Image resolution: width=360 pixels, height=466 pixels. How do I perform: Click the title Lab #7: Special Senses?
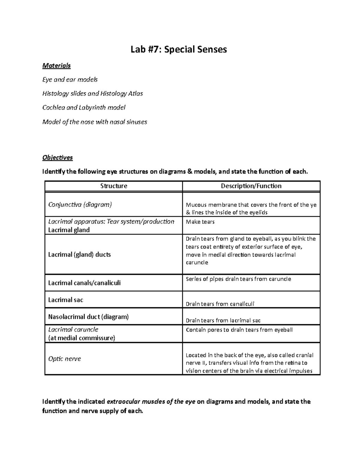[179, 49]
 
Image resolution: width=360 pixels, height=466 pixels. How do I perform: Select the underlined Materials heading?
[56, 65]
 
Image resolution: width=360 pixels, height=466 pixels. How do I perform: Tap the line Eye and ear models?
[70, 80]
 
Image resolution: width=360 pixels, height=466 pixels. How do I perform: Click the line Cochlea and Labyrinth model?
[84, 107]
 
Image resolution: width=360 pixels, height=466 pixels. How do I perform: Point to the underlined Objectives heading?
[58, 158]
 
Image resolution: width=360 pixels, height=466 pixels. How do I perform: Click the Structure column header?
[114, 186]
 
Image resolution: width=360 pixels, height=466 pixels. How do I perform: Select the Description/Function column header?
[251, 186]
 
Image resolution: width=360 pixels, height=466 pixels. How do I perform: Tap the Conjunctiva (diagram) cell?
[80, 205]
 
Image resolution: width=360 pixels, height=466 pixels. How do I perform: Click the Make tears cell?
[200, 222]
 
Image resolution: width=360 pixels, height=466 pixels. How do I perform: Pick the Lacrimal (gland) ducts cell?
[79, 254]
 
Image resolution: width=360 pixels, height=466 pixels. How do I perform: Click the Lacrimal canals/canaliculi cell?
[84, 283]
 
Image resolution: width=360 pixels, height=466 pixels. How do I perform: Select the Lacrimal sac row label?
[66, 300]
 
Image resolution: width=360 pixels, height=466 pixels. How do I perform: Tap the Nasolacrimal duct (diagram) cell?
[88, 317]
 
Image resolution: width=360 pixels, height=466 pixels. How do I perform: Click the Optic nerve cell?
[64, 359]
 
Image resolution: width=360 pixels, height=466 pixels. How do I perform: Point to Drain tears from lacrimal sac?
[223, 320]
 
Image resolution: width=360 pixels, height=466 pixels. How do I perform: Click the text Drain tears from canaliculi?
[220, 304]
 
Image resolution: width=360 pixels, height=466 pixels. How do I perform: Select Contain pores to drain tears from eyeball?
[239, 330]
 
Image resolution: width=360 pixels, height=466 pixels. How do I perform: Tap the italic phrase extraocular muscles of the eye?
[151, 401]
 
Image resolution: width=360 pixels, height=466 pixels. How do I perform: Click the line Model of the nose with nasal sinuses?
[95, 122]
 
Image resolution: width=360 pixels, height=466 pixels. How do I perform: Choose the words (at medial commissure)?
[82, 338]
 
